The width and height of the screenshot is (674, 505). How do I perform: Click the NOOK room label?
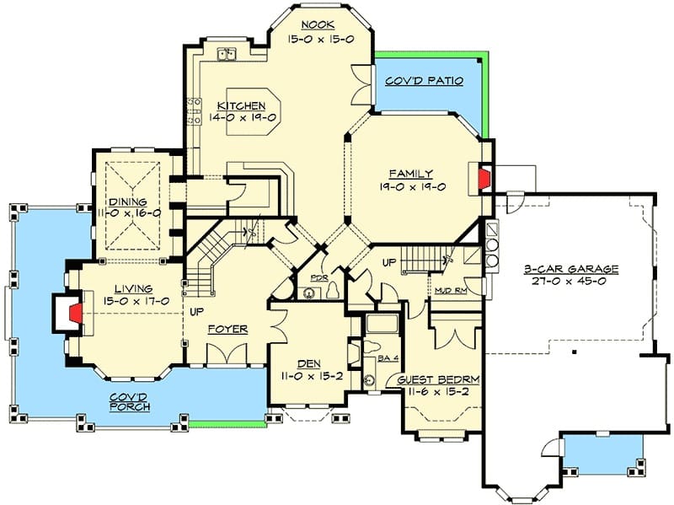pos(318,25)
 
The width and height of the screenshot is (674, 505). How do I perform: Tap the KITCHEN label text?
pos(241,106)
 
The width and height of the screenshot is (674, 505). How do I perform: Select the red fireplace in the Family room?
pos(485,177)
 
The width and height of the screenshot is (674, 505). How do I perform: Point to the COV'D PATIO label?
pos(425,81)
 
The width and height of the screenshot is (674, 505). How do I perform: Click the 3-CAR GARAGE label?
pos(571,269)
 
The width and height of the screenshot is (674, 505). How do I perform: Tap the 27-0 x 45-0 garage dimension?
pos(569,282)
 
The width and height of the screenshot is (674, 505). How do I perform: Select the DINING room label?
pos(128,201)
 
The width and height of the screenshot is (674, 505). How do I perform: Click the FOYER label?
pos(227,330)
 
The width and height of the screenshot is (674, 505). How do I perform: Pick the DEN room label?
pos(309,364)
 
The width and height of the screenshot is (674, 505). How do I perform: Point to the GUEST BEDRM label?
pos(438,380)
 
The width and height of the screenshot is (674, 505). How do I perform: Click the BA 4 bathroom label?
pos(388,358)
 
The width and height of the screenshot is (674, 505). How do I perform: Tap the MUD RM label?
pos(451,291)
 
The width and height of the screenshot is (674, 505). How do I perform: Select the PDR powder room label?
pos(319,278)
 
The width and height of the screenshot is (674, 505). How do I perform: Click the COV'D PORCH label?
pos(130,402)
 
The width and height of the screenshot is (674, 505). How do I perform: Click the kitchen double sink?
pos(227,54)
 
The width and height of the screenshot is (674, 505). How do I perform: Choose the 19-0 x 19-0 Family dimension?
pos(412,186)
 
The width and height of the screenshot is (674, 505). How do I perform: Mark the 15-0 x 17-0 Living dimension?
pos(136,301)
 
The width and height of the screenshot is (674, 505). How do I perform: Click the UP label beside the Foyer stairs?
pos(197,311)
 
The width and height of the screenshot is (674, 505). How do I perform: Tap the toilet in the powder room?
pos(333,291)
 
